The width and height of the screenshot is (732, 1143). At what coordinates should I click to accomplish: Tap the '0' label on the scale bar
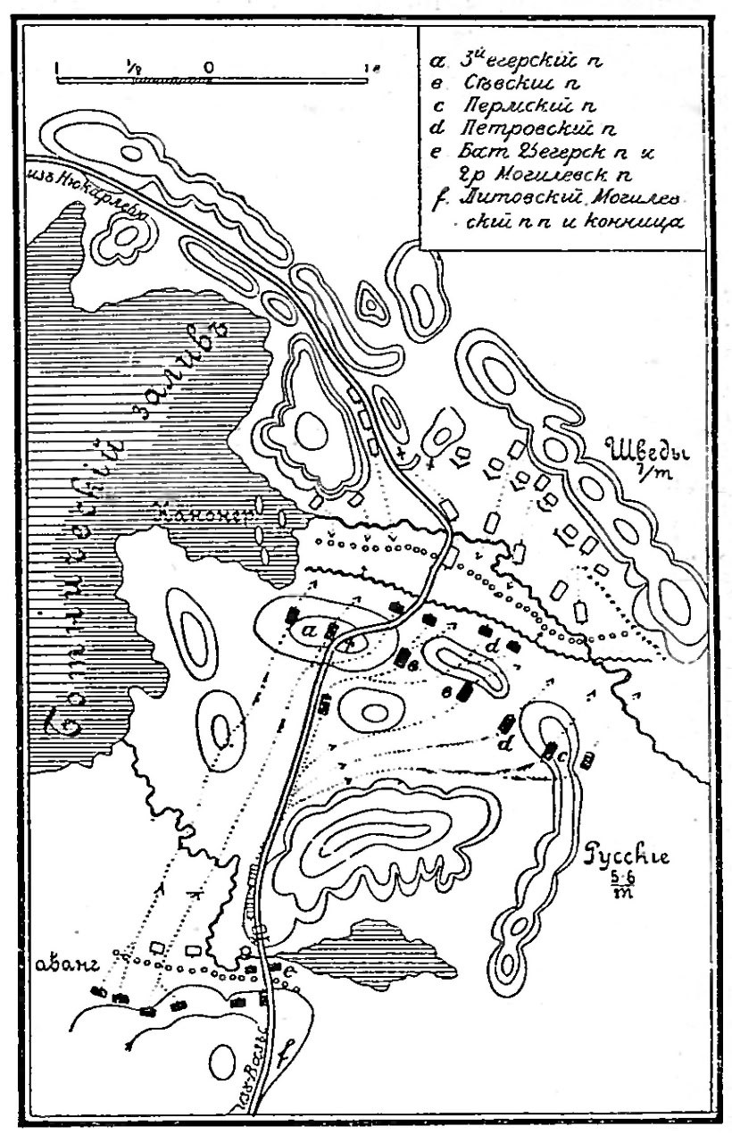click(x=207, y=67)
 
